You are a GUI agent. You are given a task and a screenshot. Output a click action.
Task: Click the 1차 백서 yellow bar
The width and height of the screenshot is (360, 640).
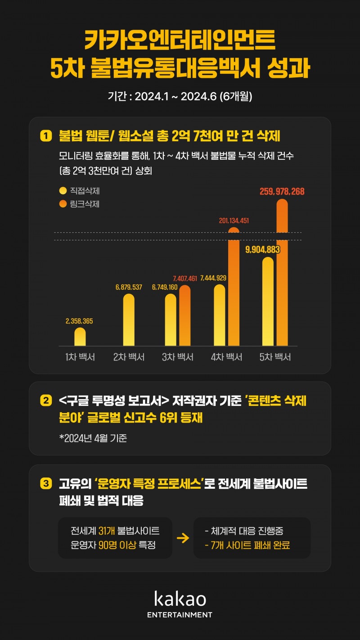pos(80,337)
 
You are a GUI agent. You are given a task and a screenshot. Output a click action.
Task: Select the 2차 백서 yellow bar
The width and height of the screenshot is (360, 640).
pos(129,320)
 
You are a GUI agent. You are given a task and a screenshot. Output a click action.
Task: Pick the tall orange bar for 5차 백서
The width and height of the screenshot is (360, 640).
pos(282,272)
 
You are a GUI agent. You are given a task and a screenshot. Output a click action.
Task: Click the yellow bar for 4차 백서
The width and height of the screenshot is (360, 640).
pos(219,315)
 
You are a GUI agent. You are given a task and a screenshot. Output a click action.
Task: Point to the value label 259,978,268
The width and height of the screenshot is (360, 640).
pos(282,191)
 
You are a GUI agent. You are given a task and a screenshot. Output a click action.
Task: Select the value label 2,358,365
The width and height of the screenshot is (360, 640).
pos(79,321)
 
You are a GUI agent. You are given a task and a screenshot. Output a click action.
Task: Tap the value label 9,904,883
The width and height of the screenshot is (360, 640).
pos(263,250)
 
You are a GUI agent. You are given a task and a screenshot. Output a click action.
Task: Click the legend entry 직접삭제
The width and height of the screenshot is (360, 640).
pos(79,191)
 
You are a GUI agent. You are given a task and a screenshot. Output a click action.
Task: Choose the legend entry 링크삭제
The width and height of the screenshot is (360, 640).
pos(79,204)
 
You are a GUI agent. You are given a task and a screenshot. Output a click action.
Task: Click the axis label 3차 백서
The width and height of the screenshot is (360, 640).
pos(178,357)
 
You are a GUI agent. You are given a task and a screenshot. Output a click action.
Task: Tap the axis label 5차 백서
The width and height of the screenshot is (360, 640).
pos(275,357)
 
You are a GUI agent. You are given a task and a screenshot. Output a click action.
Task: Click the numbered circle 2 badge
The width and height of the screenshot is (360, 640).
pos(46,400)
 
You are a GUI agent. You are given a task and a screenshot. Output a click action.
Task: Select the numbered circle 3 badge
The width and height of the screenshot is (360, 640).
pos(46,484)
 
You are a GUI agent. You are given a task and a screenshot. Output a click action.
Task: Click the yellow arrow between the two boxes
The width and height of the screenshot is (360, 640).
pos(183,538)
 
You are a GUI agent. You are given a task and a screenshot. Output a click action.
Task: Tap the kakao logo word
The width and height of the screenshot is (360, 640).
pos(180,599)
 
